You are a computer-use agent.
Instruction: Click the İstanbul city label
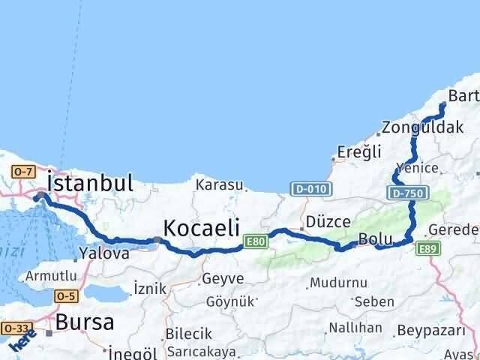[90, 184]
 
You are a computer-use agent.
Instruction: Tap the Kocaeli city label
[201, 227]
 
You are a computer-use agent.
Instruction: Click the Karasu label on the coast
[220, 184]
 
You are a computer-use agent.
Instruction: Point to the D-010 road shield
[309, 188]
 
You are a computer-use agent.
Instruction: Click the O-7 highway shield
[21, 172]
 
